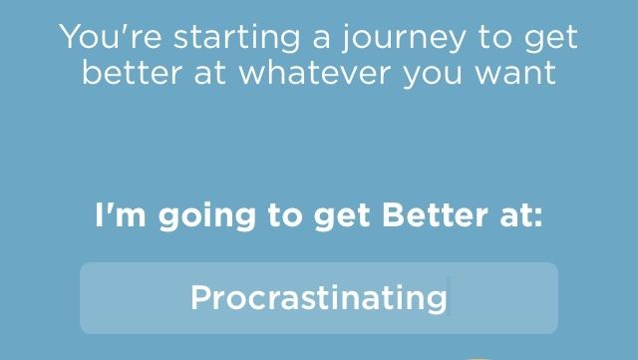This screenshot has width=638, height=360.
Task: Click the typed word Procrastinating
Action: pos(318,297)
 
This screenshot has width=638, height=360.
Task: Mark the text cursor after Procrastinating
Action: pos(450,297)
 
